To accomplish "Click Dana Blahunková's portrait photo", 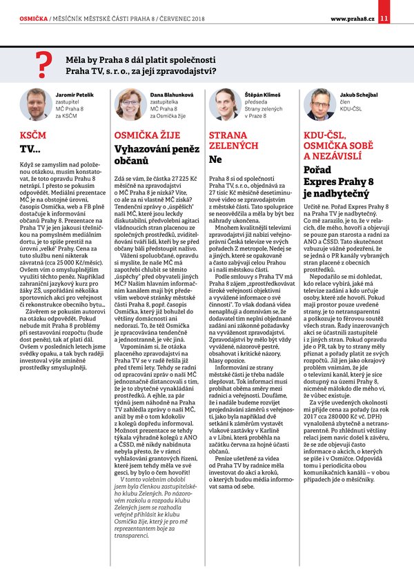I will [128, 104].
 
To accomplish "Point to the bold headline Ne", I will [215, 159].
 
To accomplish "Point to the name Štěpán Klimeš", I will [262, 93].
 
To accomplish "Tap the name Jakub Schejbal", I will [358, 93].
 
